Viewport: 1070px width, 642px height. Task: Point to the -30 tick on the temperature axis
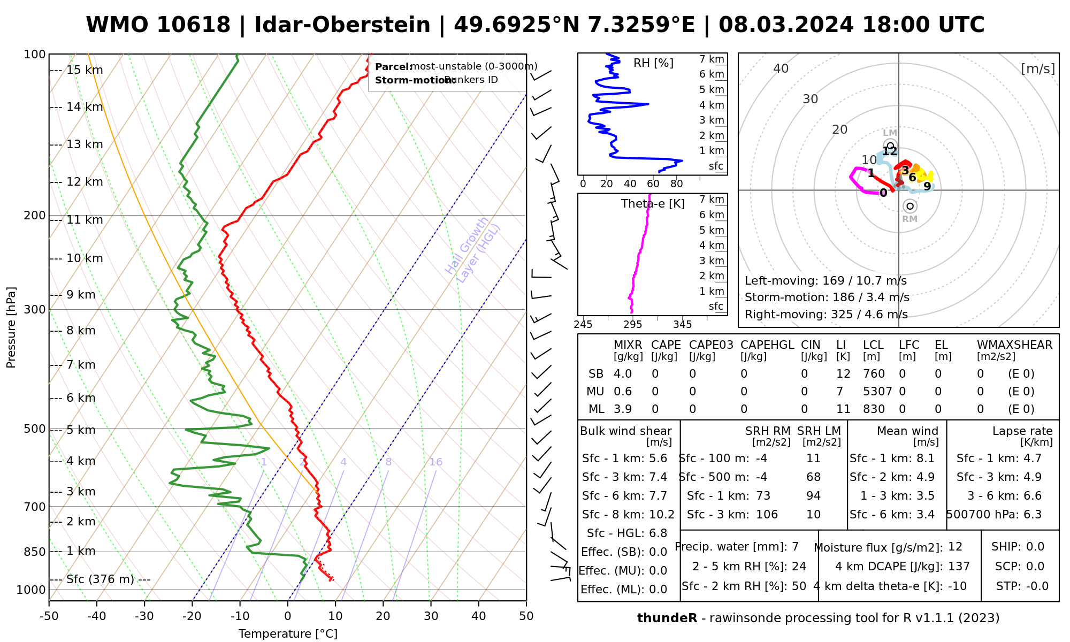[144, 616]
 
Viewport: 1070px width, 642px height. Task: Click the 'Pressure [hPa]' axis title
[11, 327]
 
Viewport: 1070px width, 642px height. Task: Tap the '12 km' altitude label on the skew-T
[85, 182]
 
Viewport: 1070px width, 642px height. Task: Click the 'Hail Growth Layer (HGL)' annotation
[473, 250]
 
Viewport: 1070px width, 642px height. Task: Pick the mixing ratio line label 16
[435, 462]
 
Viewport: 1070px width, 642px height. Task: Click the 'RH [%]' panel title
[653, 63]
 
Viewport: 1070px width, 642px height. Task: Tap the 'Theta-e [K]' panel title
[653, 204]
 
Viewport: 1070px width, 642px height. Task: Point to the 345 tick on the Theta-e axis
[682, 324]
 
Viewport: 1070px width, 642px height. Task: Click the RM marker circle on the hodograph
[909, 206]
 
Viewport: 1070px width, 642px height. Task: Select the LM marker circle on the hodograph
[890, 145]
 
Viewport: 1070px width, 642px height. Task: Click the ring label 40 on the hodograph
[781, 68]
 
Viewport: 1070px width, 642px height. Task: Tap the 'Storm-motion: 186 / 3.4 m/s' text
[827, 297]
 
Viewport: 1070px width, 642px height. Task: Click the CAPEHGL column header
[767, 345]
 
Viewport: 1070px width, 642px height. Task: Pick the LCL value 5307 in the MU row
[877, 392]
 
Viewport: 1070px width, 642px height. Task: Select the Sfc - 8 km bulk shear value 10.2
[662, 515]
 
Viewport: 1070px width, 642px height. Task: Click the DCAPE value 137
[959, 567]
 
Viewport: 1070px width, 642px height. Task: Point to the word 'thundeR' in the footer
[667, 618]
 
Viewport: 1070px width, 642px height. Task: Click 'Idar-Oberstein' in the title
[342, 25]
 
